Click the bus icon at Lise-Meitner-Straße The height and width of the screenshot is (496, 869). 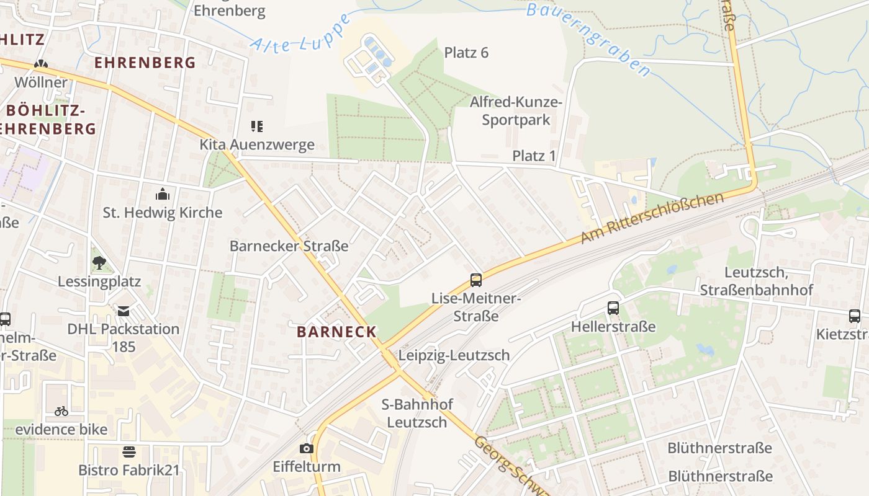pyautogui.click(x=475, y=280)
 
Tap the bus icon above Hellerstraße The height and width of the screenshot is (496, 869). pyautogui.click(x=613, y=308)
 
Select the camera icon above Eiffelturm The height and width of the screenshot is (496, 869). pyautogui.click(x=307, y=448)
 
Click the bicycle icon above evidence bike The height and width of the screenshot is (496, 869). pyautogui.click(x=61, y=410)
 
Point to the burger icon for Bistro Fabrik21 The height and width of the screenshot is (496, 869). pyautogui.click(x=129, y=451)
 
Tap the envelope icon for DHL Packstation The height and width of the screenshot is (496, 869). pyautogui.click(x=124, y=311)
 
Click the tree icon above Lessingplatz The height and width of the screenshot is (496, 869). pyautogui.click(x=99, y=263)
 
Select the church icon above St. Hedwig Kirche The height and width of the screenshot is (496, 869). pyautogui.click(x=163, y=194)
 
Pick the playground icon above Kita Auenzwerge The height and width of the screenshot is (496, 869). pyautogui.click(x=257, y=126)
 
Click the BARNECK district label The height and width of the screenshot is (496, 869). pyautogui.click(x=337, y=332)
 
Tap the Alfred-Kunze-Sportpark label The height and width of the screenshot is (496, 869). pyautogui.click(x=516, y=110)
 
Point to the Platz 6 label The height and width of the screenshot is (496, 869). pyautogui.click(x=466, y=53)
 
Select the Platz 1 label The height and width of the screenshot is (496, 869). pyautogui.click(x=534, y=156)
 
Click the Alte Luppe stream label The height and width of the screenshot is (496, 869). pyautogui.click(x=287, y=37)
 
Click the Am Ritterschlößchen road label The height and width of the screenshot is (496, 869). pyautogui.click(x=652, y=218)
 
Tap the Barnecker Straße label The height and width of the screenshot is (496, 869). pyautogui.click(x=289, y=246)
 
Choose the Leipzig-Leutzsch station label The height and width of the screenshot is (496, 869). pyautogui.click(x=454, y=355)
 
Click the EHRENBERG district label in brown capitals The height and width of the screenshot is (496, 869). pyautogui.click(x=145, y=63)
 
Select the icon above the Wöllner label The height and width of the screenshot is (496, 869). pyautogui.click(x=41, y=64)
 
